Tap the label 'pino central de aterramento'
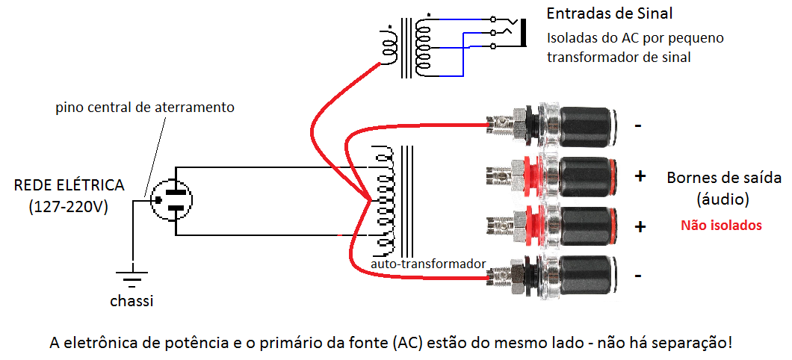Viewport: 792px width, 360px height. (x=145, y=108)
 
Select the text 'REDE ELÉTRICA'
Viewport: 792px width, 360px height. (x=69, y=185)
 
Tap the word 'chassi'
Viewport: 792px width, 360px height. (x=132, y=301)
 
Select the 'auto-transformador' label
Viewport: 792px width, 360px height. (x=428, y=264)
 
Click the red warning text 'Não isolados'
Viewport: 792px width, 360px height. (x=721, y=225)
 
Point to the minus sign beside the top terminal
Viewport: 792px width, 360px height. (x=638, y=125)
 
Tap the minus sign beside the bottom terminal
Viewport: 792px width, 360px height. (x=638, y=276)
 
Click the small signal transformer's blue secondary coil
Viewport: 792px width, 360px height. (x=424, y=45)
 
